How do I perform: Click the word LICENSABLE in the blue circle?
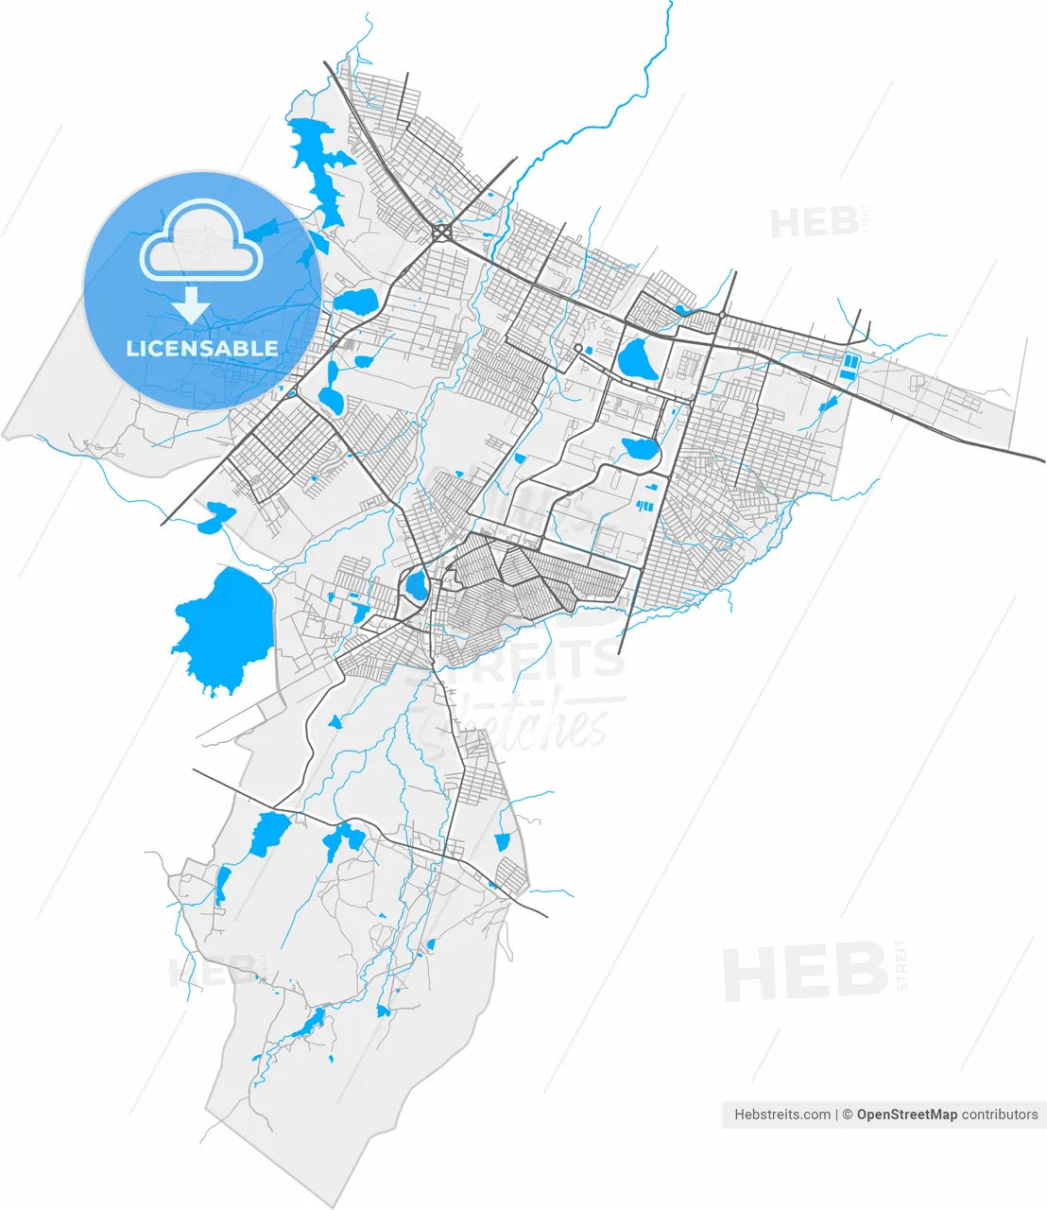click(202, 349)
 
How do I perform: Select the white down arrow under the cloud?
click(194, 305)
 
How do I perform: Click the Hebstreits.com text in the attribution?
click(782, 1115)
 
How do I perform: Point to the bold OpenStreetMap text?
click(906, 1115)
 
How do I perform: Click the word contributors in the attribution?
click(1000, 1115)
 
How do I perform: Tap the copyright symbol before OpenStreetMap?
click(849, 1115)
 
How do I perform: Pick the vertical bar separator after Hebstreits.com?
click(837, 1115)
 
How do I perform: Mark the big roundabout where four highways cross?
click(441, 232)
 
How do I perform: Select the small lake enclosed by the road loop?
click(416, 586)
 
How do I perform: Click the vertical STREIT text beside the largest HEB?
click(901, 965)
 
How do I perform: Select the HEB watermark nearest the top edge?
click(813, 223)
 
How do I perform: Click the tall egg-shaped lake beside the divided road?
click(639, 358)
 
